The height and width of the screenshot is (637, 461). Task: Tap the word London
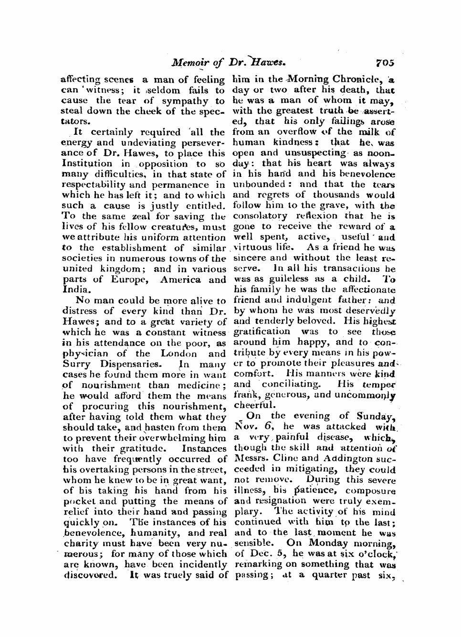coord(178,354)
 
